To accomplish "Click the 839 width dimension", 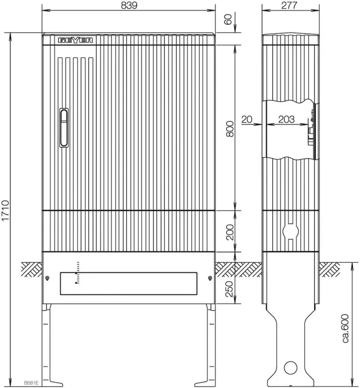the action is [x=129, y=5].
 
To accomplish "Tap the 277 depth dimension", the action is [x=289, y=5].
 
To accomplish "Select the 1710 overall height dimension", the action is [x=5, y=210].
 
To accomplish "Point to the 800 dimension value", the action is [x=230, y=129].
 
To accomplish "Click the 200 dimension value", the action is [x=230, y=232].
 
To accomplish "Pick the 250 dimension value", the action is [x=230, y=289].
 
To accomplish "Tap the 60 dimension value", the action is [x=228, y=19].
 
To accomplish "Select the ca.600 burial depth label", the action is [x=345, y=328].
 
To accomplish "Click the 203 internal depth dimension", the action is [x=286, y=119].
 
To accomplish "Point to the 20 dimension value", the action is [x=246, y=119].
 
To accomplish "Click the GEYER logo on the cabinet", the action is [x=76, y=40].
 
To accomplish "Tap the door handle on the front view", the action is [x=64, y=128].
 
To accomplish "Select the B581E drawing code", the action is [x=31, y=383].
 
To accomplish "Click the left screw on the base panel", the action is [x=47, y=278].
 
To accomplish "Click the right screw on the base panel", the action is [x=210, y=278].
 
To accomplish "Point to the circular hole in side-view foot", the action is [x=291, y=368].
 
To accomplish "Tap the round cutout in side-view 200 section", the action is [x=291, y=231].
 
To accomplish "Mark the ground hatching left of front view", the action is [x=32, y=270].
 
